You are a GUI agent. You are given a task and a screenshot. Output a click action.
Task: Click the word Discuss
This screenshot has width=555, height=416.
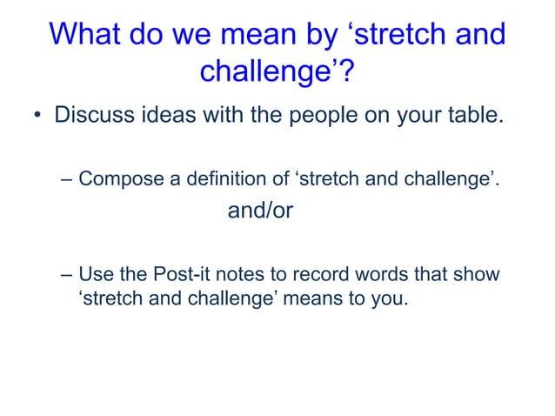click(x=92, y=115)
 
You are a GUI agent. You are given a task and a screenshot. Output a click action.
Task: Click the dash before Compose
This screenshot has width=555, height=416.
click(x=67, y=180)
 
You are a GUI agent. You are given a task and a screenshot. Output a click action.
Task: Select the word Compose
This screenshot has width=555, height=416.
click(x=120, y=180)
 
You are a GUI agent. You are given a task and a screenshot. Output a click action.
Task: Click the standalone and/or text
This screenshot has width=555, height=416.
click(x=259, y=211)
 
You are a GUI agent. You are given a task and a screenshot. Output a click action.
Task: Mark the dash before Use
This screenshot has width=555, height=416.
click(x=67, y=276)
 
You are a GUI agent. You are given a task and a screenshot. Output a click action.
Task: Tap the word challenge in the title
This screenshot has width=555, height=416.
click(x=268, y=71)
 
